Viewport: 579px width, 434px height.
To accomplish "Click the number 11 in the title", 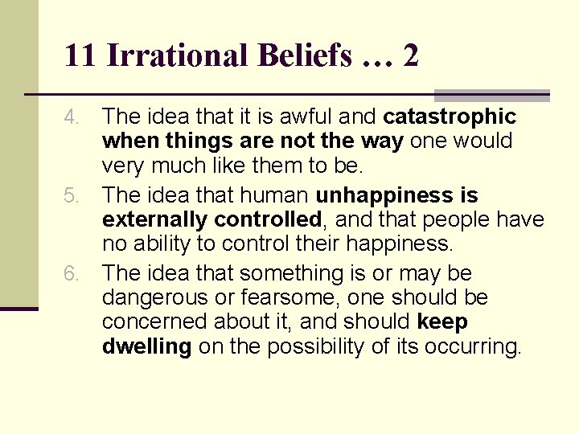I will click(x=80, y=55).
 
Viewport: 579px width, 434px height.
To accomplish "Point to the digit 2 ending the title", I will click(x=409, y=55).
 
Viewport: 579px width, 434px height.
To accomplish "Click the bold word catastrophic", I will click(x=450, y=117).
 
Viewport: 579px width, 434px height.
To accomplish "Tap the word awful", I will click(x=306, y=117).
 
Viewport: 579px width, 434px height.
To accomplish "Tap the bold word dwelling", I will click(x=146, y=346).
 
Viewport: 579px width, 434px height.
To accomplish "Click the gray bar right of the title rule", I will click(x=491, y=94).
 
